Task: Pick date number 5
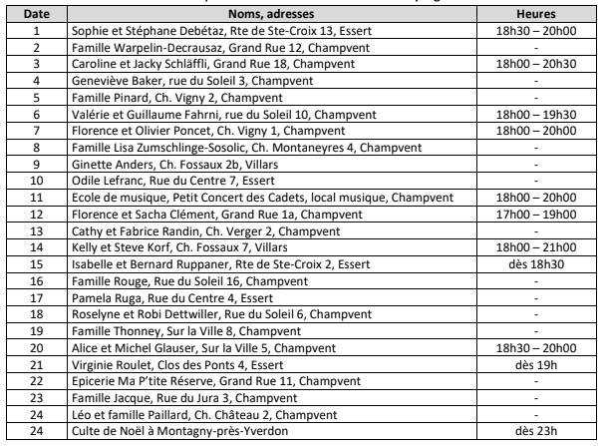coord(37,101)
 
